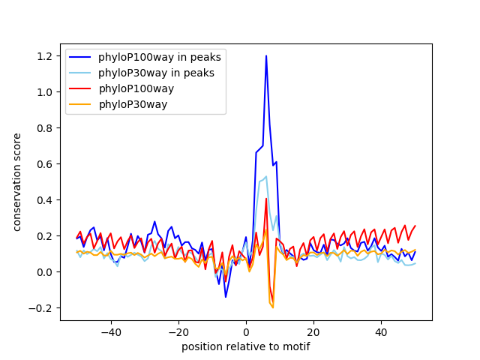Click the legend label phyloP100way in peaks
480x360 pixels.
(160, 57)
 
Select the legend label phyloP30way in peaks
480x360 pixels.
(156, 73)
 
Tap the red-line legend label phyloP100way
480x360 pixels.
(136, 88)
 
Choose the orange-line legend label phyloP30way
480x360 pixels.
(133, 105)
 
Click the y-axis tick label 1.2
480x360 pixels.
(44, 56)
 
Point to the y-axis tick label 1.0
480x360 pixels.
(44, 92)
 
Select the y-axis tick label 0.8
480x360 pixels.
(44, 128)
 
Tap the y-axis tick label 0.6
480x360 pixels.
(44, 164)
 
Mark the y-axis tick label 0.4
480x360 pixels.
(44, 200)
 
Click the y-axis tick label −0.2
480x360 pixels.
(40, 308)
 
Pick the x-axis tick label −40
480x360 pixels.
(111, 332)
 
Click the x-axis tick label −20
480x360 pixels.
(178, 332)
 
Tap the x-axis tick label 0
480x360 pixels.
(246, 332)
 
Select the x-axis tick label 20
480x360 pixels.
(313, 332)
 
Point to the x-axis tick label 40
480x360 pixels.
(381, 332)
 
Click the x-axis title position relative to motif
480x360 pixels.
(246, 346)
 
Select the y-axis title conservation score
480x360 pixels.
(16, 182)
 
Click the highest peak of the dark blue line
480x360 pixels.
(266, 55)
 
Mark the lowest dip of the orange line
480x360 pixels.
(273, 307)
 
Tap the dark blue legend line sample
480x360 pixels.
(80, 57)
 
